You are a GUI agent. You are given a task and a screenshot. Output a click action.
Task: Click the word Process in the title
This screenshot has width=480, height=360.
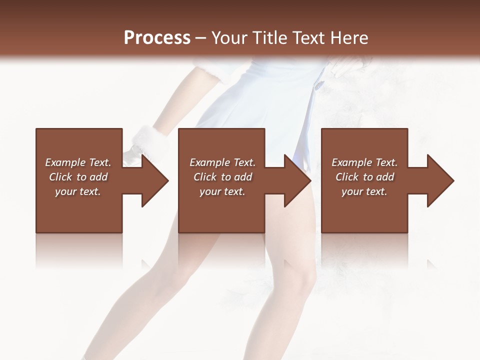pyautogui.click(x=157, y=38)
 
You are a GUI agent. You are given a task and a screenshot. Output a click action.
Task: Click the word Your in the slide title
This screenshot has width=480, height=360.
pyautogui.click(x=228, y=38)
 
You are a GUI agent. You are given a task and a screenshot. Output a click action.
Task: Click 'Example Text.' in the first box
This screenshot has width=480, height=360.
pyautogui.click(x=78, y=162)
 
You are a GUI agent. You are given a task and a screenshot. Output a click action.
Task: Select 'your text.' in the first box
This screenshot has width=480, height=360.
pyautogui.click(x=78, y=191)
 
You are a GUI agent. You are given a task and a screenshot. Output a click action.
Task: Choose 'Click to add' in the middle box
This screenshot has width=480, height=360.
pyautogui.click(x=222, y=177)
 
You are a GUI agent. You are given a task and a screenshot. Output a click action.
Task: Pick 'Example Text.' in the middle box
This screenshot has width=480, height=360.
pyautogui.click(x=222, y=162)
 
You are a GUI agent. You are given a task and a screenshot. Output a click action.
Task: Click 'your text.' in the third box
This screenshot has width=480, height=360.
pyautogui.click(x=364, y=191)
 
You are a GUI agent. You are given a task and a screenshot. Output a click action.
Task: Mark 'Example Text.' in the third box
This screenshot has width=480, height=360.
pyautogui.click(x=364, y=162)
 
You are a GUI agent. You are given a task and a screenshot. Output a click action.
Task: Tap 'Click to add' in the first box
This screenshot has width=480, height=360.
pyautogui.click(x=78, y=177)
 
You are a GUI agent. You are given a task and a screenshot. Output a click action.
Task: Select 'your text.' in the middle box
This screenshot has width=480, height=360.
pyautogui.click(x=222, y=191)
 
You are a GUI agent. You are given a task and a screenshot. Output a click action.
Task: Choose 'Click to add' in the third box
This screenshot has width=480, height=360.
pyautogui.click(x=364, y=177)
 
